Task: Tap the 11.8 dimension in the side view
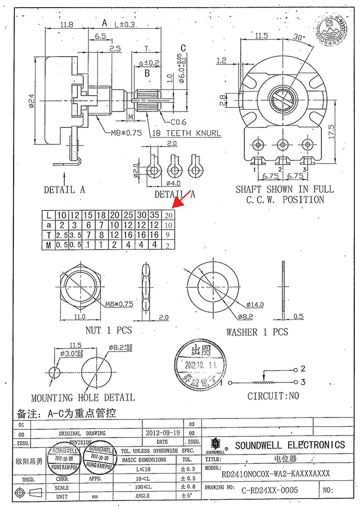tap(66, 25)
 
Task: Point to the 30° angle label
tap(300, 37)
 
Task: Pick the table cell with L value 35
tap(154, 215)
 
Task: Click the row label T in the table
tap(48, 235)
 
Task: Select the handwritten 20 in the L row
tap(169, 215)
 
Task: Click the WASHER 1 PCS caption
tap(257, 332)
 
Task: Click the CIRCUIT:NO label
tap(273, 396)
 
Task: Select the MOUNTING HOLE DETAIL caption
tap(83, 397)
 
